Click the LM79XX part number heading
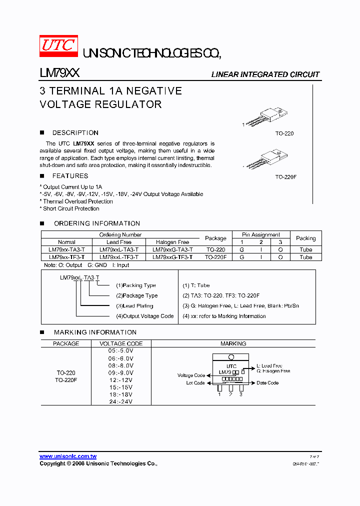[59, 73]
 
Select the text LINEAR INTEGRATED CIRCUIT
[265, 74]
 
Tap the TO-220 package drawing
[264, 117]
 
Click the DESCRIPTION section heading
[75, 133]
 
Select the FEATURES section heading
[70, 176]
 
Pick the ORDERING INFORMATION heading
[96, 223]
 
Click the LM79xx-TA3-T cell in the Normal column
[66, 249]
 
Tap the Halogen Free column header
[172, 242]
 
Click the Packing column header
[305, 238]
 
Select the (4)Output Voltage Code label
[145, 316]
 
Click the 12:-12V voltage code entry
[121, 380]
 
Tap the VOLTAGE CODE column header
[121, 344]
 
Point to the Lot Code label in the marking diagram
[195, 383]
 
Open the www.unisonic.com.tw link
[68, 456]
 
